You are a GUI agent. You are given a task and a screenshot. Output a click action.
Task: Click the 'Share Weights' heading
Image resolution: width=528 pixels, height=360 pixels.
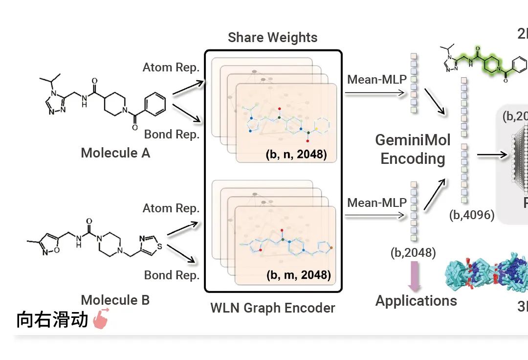click(x=272, y=38)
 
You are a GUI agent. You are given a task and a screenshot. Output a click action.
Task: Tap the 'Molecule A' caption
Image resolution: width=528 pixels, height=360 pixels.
click(x=115, y=153)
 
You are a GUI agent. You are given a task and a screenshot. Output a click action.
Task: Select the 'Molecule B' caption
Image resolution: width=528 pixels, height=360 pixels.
click(x=115, y=300)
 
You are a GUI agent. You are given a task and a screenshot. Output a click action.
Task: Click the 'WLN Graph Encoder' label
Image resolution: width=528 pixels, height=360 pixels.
click(x=273, y=308)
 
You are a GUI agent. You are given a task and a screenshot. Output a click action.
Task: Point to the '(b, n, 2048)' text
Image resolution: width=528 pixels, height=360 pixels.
click(x=297, y=155)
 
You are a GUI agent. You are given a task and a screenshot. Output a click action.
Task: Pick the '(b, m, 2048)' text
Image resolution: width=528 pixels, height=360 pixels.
click(x=298, y=274)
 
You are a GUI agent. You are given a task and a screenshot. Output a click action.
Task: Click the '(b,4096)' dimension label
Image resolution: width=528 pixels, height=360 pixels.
click(x=472, y=214)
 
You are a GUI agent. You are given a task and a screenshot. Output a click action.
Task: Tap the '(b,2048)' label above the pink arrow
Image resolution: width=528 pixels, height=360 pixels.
click(x=413, y=252)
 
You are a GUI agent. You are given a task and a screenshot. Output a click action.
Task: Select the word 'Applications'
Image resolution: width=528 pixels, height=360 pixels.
click(x=416, y=300)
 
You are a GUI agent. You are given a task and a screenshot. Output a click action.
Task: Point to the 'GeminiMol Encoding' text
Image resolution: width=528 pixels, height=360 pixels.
click(x=413, y=149)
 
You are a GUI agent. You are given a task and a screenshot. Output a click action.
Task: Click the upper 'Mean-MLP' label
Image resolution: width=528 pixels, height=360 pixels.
click(x=377, y=79)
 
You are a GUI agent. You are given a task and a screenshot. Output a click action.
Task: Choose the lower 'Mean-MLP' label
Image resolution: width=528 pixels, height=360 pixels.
click(x=377, y=202)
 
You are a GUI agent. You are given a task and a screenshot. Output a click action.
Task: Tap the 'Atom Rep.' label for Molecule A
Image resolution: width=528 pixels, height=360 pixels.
click(x=171, y=67)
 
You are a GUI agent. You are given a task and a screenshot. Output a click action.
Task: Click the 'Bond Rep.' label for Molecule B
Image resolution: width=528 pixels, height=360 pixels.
click(x=172, y=275)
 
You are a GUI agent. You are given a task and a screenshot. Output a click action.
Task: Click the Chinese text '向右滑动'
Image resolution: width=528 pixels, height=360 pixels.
click(x=52, y=319)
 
